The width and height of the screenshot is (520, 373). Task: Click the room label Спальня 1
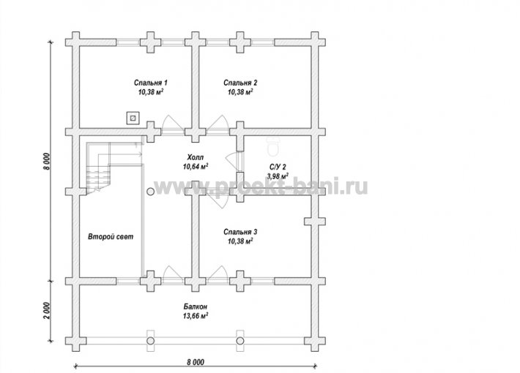(151, 83)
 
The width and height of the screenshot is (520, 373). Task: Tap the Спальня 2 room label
(240, 83)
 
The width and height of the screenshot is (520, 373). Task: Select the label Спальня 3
(240, 232)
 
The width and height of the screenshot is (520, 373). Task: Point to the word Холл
(196, 157)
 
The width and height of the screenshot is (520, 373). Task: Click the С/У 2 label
(278, 167)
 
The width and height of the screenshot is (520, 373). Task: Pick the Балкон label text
(196, 306)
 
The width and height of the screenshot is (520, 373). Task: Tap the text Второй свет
(111, 236)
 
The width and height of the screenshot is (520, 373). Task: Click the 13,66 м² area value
(196, 316)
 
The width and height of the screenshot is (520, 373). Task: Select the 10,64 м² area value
(196, 166)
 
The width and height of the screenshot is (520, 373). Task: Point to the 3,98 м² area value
(278, 176)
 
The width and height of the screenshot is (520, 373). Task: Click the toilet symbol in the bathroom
(274, 147)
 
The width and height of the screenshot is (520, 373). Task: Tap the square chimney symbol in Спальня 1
(133, 118)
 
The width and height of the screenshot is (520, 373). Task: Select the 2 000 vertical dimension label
(47, 311)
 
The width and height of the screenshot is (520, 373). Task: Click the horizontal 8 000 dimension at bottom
(196, 362)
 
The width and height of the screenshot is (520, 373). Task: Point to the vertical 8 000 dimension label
(47, 162)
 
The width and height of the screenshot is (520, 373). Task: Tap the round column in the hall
(150, 192)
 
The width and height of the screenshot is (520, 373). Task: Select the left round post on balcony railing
(151, 341)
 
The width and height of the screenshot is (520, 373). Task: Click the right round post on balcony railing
(240, 341)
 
